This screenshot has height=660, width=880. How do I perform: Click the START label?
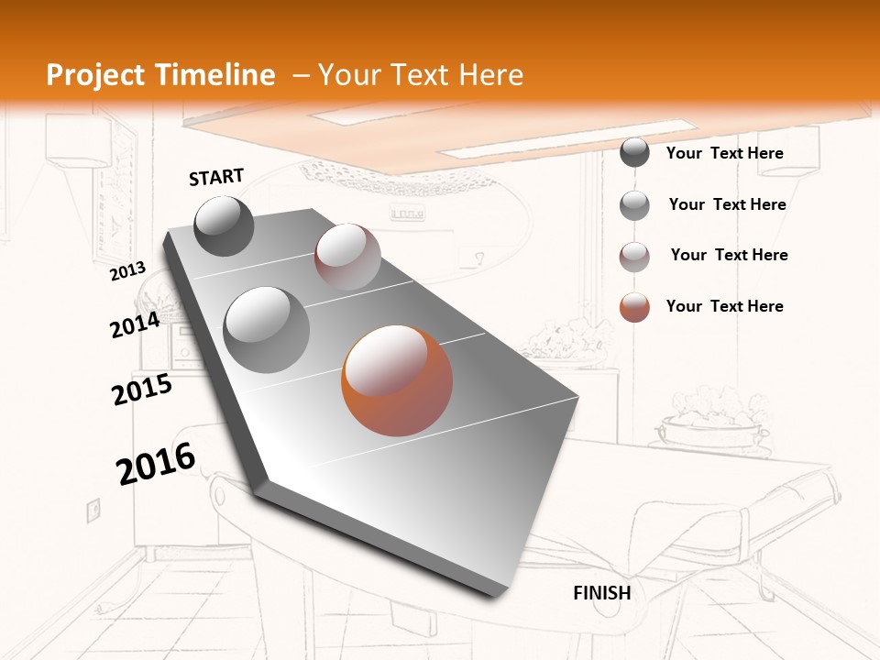(x=216, y=176)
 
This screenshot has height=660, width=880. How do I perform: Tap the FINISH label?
(x=601, y=592)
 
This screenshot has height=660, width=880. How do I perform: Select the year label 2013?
(x=128, y=271)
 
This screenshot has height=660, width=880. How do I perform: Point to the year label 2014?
(x=136, y=325)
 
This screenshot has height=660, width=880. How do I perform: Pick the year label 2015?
(x=142, y=389)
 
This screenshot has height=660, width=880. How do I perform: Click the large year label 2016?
(x=156, y=463)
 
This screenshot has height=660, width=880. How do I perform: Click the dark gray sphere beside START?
(x=225, y=225)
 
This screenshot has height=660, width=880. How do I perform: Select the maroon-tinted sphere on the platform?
(x=347, y=257)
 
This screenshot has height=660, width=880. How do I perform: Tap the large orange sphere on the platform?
(x=397, y=380)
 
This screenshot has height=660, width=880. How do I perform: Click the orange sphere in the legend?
(x=634, y=307)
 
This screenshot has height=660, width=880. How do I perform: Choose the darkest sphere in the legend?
(x=634, y=153)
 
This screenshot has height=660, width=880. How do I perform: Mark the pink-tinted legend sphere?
(x=634, y=256)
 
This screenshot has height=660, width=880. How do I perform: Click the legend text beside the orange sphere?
(x=724, y=306)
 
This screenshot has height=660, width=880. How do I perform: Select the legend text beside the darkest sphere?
(x=724, y=153)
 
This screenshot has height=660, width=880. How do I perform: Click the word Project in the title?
(x=94, y=75)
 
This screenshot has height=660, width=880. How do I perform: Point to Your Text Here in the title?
(x=421, y=75)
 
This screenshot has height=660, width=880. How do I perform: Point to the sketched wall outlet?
(x=93, y=510)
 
